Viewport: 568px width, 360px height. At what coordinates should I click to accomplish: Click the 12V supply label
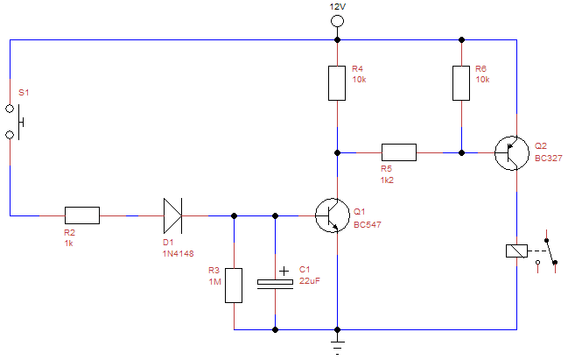(x=337, y=6)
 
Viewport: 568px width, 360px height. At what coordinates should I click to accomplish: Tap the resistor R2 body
(x=82, y=215)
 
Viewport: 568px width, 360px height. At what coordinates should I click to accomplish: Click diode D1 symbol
(x=172, y=215)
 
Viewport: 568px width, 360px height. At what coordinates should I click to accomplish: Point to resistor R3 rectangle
(x=234, y=286)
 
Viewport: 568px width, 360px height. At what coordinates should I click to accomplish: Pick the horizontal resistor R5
(x=398, y=152)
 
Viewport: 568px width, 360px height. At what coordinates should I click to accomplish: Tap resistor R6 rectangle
(x=460, y=82)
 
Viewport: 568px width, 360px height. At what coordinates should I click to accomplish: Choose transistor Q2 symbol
(x=509, y=152)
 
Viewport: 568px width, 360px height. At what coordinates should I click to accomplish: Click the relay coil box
(x=515, y=251)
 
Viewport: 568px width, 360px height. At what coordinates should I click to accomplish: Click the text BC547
(x=368, y=225)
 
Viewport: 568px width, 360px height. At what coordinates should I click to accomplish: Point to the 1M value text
(x=214, y=282)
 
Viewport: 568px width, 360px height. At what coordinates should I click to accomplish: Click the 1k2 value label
(x=389, y=180)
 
